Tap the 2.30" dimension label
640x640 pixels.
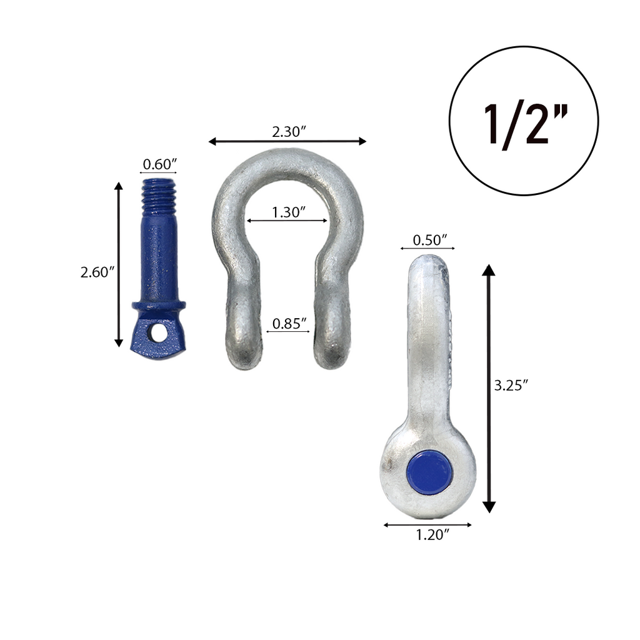click(x=288, y=131)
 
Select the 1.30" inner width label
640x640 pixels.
click(x=288, y=212)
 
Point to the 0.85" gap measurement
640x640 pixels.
click(x=289, y=324)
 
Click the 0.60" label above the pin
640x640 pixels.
click(x=159, y=164)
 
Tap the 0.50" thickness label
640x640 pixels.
click(x=431, y=240)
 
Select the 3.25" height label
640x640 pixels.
click(x=511, y=386)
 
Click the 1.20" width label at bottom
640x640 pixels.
click(x=432, y=534)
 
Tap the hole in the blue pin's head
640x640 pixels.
click(x=159, y=332)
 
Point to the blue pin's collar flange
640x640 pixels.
click(x=159, y=306)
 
